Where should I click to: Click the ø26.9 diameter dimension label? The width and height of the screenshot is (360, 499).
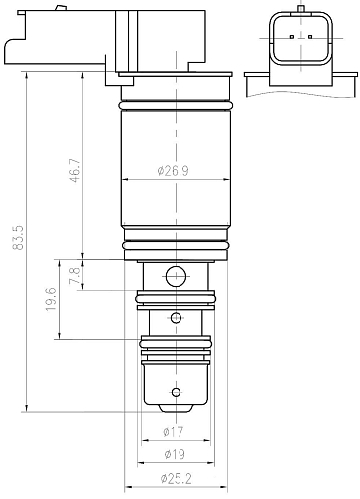173,171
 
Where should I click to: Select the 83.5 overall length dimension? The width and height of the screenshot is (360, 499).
18,237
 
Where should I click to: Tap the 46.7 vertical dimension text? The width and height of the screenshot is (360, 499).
75,170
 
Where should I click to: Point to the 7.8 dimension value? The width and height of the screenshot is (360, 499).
75,275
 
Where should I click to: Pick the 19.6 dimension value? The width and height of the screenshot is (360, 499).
51,299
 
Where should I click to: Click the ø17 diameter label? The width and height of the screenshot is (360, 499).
173,432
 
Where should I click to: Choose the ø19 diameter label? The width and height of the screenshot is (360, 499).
175,454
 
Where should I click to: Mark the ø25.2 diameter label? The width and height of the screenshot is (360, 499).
176,479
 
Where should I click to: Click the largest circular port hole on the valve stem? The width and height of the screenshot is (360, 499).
176,276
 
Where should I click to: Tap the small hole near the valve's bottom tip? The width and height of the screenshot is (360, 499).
177,392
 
